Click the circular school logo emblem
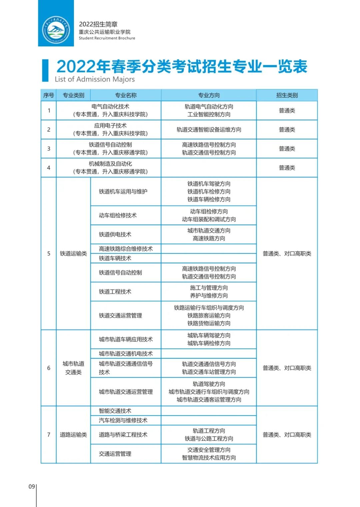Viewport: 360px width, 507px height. click(x=56, y=30)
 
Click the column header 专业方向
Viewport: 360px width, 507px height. click(x=209, y=95)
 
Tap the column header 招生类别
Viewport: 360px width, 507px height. click(x=287, y=95)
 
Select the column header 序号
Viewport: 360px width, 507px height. click(x=49, y=95)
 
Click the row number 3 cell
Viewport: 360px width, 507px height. click(x=49, y=149)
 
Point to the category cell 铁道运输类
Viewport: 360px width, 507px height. click(x=73, y=254)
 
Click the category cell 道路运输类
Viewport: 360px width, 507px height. click(x=73, y=435)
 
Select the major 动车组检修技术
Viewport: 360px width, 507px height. click(x=118, y=215)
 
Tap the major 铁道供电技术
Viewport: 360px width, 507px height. click(x=115, y=234)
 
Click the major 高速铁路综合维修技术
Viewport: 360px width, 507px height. click(x=126, y=249)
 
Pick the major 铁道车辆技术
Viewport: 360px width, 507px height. click(x=115, y=259)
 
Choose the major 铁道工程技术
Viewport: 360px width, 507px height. click(x=115, y=292)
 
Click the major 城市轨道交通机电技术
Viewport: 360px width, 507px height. click(x=126, y=354)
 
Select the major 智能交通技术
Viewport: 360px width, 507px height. click(x=115, y=411)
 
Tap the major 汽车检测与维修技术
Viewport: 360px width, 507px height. click(x=123, y=421)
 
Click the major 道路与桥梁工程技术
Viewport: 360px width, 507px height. click(x=123, y=435)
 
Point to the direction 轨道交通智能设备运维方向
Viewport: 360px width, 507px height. click(x=209, y=130)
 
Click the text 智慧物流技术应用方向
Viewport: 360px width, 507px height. click(x=209, y=458)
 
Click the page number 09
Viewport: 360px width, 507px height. click(x=32, y=487)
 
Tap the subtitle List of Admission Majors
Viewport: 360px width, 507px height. click(x=95, y=79)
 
